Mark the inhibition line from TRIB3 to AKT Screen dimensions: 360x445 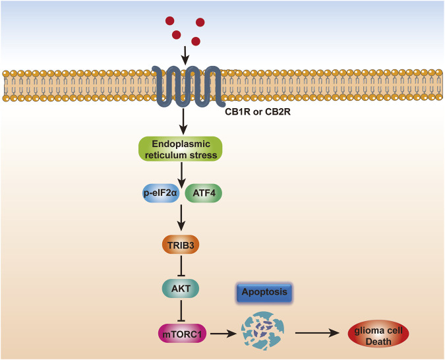pos(180,266)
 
